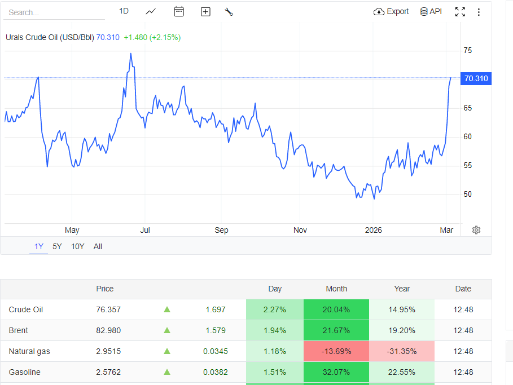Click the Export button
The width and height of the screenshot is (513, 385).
[391, 12]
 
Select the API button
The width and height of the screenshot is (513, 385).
[431, 12]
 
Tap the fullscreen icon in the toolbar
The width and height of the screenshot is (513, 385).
[460, 12]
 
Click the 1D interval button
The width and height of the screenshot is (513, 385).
[124, 11]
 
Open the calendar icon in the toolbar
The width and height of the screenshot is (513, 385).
[179, 11]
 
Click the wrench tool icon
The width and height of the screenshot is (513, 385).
[229, 12]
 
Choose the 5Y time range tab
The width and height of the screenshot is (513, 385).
[57, 246]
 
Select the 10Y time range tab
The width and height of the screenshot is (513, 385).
[77, 246]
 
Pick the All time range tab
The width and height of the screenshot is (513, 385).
[98, 246]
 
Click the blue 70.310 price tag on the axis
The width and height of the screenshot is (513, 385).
[476, 79]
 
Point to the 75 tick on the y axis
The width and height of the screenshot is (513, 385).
[467, 51]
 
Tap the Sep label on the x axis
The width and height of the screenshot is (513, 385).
[221, 230]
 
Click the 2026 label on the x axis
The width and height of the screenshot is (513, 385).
[374, 230]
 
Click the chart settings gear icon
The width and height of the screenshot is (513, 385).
[476, 230]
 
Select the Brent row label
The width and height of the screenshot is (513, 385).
[19, 330]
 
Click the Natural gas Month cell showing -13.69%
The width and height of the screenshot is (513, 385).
[336, 351]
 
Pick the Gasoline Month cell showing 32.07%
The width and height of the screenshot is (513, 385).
[336, 372]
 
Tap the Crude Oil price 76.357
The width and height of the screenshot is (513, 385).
[108, 309]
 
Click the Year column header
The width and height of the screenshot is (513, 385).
[402, 289]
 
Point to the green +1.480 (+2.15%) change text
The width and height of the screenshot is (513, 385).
[152, 37]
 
